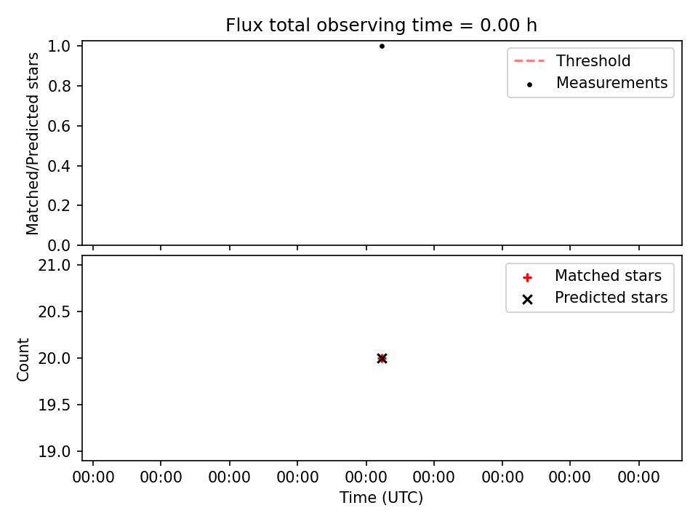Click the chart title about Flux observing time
(x=381, y=25)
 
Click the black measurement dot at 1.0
(x=382, y=46)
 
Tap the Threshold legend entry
(x=572, y=60)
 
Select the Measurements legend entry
(x=598, y=83)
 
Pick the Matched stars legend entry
(x=592, y=276)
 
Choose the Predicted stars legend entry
(x=595, y=298)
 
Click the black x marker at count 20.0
(x=382, y=358)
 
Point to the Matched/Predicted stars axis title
(x=33, y=143)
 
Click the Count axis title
(x=23, y=360)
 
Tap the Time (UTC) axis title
(x=381, y=497)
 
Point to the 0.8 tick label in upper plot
(x=60, y=86)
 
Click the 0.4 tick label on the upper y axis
(x=60, y=166)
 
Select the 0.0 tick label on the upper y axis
(x=60, y=245)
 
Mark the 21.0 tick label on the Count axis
(x=55, y=265)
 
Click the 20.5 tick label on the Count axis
(x=55, y=312)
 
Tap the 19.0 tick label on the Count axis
(x=55, y=452)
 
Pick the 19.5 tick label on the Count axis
(x=55, y=405)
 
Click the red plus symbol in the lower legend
(x=528, y=278)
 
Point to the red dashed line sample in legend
(x=529, y=60)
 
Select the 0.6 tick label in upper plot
(x=60, y=126)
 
